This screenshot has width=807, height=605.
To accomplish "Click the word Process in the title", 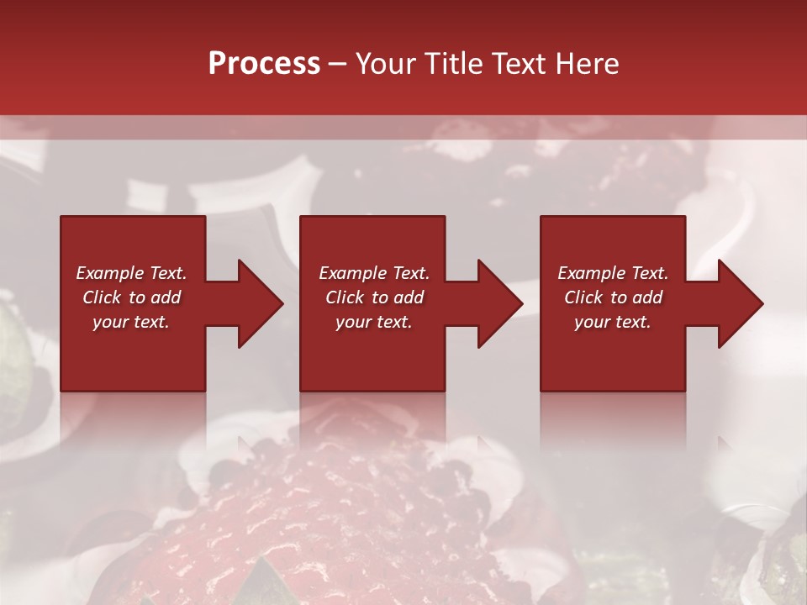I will (264, 64).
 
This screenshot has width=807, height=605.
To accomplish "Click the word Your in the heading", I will (386, 64).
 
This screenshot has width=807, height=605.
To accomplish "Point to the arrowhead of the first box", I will (260, 303).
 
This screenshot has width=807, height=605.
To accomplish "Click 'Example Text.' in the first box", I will (131, 273).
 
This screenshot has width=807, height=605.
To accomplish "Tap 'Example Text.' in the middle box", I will (374, 273).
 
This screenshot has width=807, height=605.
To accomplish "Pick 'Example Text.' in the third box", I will (613, 273).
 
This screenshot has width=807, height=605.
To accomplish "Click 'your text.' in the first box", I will (131, 322).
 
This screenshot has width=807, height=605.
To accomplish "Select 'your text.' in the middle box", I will (374, 322).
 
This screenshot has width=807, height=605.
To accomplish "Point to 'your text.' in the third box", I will (613, 322).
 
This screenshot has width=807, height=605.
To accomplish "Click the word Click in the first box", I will (102, 297).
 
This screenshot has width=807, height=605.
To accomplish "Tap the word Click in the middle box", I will (345, 297).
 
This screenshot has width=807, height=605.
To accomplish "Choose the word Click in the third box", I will (583, 297).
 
